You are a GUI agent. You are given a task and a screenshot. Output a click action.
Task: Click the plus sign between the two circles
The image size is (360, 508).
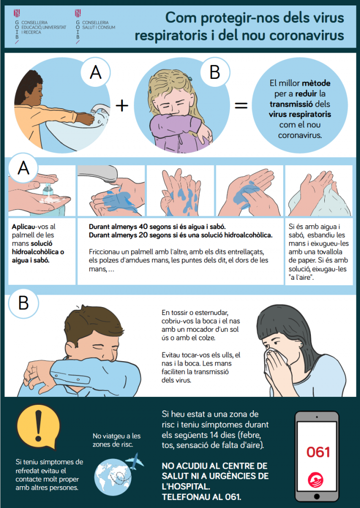tap(121, 106)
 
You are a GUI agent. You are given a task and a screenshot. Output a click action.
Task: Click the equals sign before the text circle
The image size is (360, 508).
tap(241, 106)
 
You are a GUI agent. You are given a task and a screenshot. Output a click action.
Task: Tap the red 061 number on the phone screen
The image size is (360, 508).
tap(318, 452)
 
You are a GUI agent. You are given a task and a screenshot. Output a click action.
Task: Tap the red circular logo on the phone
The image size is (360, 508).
tap(317, 480)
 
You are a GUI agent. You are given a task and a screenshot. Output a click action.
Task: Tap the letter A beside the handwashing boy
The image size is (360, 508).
tap(96, 73)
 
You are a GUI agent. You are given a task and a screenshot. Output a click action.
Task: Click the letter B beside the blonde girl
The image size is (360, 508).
tap(215, 72)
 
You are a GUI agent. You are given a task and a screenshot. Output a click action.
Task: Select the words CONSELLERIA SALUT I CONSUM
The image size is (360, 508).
tap(99, 25)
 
